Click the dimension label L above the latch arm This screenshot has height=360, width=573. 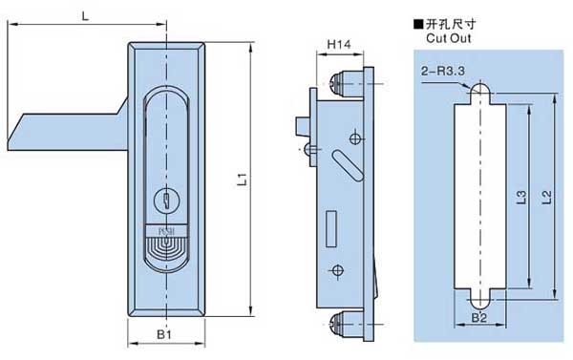click(x=85, y=16)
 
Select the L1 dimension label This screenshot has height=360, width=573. click(x=243, y=180)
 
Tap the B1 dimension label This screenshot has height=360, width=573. click(x=164, y=334)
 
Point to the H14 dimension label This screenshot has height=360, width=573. click(x=339, y=45)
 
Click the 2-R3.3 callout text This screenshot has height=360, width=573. click(x=442, y=71)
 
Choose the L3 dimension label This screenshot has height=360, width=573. click(x=522, y=197)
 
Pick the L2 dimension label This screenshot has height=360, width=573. click(x=546, y=197)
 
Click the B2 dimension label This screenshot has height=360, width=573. click(x=479, y=318)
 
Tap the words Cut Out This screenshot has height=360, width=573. click(x=449, y=38)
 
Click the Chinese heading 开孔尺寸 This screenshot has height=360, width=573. click(x=451, y=24)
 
